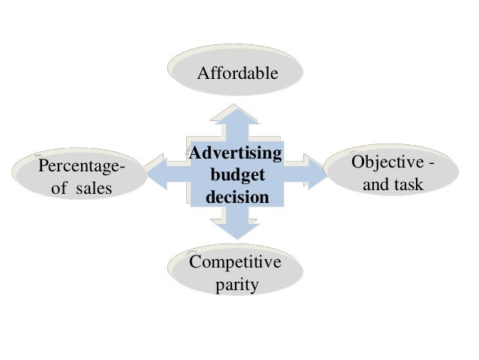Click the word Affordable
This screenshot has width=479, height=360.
[x=237, y=74]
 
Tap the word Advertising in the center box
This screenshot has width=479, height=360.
[x=236, y=155]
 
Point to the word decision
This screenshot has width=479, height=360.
[x=237, y=198]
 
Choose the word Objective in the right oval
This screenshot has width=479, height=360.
[x=386, y=163]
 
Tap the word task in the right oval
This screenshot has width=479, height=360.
[x=408, y=184]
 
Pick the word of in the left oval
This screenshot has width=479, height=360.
[x=59, y=187]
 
